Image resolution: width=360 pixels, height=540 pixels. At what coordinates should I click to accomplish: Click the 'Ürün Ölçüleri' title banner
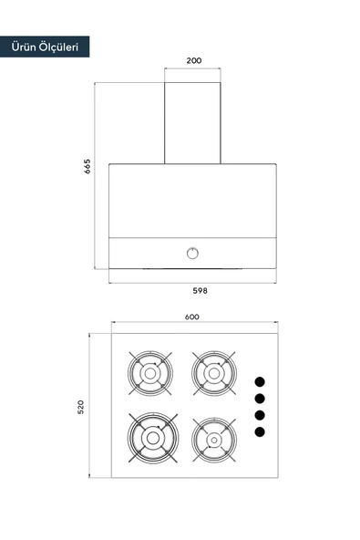(x=45, y=47)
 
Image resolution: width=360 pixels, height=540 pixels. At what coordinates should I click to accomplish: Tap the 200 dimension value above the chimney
(x=194, y=60)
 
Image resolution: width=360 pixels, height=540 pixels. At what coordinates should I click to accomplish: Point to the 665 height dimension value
(x=87, y=166)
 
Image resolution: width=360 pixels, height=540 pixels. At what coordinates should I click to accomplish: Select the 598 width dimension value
(x=200, y=291)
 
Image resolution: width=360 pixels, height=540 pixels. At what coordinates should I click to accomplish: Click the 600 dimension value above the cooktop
(x=192, y=317)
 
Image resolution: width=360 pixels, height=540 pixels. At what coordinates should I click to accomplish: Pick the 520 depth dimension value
(x=80, y=407)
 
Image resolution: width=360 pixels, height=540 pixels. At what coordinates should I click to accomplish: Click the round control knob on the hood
(x=192, y=254)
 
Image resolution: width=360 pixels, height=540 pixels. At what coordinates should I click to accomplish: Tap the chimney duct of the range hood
(x=192, y=123)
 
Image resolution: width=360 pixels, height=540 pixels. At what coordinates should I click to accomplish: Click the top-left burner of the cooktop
(x=150, y=373)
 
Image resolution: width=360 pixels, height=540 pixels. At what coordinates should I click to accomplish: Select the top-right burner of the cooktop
(x=214, y=373)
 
